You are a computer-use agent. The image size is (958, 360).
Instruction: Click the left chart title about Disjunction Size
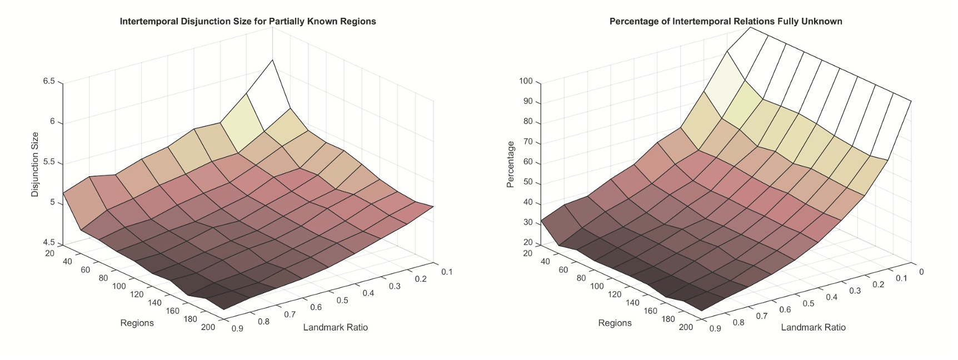point(248,22)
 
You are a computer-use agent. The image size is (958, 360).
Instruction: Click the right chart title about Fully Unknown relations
point(726,22)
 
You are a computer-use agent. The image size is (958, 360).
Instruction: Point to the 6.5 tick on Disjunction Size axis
point(48,82)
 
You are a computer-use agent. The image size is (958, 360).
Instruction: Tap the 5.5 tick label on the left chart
point(48,163)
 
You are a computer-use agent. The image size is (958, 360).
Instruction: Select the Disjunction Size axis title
point(35,164)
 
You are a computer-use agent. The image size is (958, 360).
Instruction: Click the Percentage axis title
point(511,164)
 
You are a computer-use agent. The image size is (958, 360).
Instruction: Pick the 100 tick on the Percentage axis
point(526,82)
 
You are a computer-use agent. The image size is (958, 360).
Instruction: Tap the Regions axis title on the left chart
point(137,323)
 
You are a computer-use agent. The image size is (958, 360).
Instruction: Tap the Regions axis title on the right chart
point(615,323)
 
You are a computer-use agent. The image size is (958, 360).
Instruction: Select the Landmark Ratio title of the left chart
point(335,327)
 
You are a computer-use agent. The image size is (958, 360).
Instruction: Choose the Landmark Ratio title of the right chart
point(813,327)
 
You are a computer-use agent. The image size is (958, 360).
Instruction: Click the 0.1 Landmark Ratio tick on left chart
point(447,272)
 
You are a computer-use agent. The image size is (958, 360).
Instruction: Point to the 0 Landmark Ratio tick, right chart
point(921,272)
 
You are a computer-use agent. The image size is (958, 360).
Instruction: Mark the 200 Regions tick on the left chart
point(208,327)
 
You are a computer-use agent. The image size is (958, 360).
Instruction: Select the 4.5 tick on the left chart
point(48,243)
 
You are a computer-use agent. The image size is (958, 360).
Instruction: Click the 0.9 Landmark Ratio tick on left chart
point(237,328)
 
